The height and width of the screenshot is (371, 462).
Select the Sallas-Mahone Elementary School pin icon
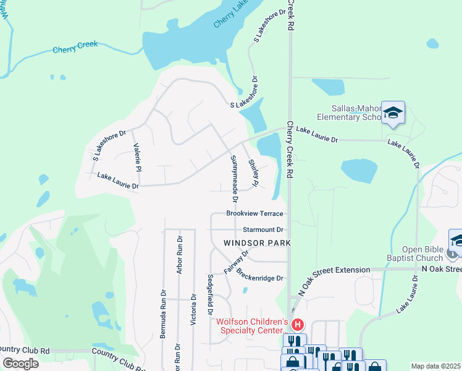click(393, 113)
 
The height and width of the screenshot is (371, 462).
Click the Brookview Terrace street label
click(254, 213)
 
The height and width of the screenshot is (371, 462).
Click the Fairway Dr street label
click(237, 262)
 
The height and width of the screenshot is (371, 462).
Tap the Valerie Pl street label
click(138, 158)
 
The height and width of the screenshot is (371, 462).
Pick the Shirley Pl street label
click(253, 174)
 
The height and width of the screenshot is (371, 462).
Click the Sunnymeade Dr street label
click(234, 179)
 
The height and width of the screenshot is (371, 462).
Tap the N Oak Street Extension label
click(334, 270)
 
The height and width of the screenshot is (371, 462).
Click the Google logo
click(20, 364)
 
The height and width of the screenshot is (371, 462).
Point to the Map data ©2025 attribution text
click(436, 366)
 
